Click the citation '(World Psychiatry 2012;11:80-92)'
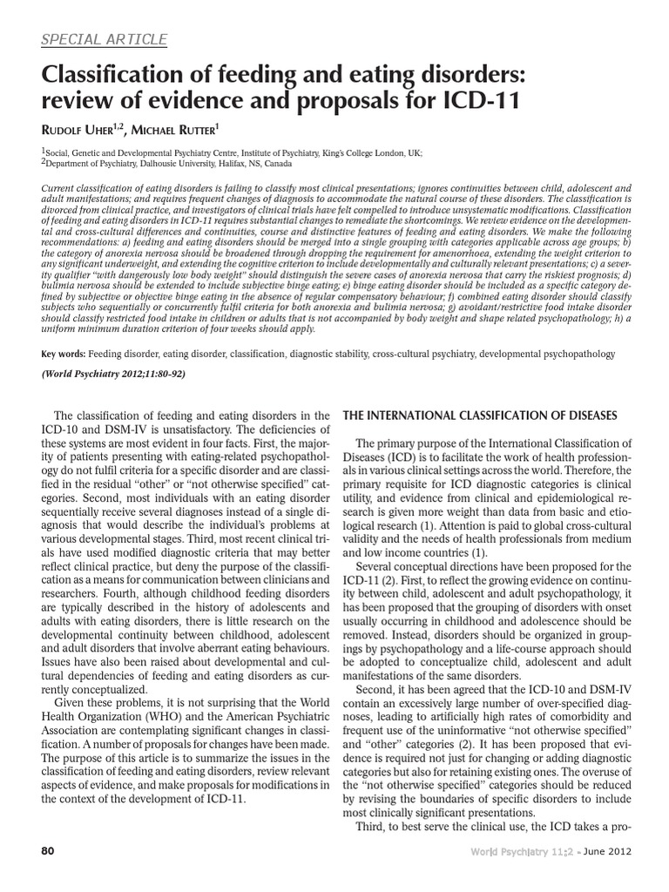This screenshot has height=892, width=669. (114, 375)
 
